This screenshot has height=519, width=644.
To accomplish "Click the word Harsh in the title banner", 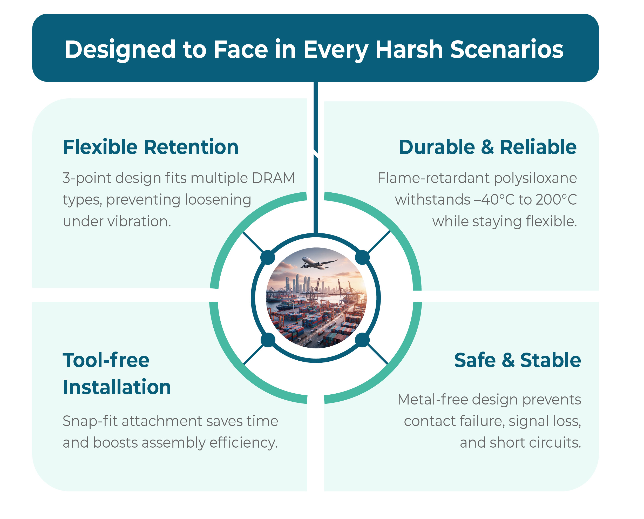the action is [x=409, y=50].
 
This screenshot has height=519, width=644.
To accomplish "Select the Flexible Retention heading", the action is [x=151, y=147].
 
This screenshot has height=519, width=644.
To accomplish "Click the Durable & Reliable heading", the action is [x=487, y=147].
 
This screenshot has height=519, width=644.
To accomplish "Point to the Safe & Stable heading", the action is [x=518, y=360].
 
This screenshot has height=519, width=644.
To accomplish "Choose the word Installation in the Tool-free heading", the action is [x=117, y=387].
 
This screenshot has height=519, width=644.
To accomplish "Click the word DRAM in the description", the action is [x=273, y=178].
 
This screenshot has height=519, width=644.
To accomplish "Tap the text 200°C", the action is [x=556, y=200].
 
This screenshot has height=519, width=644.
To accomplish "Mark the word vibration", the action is [x=139, y=221].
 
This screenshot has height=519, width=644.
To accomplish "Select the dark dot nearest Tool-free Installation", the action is [x=268, y=340].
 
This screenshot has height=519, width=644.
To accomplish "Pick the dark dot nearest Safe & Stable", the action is [x=362, y=340].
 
